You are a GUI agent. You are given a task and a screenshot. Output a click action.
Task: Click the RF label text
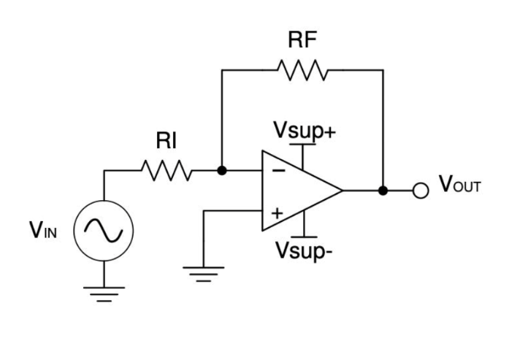302,41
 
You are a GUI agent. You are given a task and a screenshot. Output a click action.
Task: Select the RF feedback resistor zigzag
302,70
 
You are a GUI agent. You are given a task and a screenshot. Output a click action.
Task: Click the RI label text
167,142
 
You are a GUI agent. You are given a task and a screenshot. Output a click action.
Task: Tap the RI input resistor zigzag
167,172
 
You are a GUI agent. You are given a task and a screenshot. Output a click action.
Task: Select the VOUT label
460,186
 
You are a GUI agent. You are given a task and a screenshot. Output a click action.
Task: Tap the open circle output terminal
420,191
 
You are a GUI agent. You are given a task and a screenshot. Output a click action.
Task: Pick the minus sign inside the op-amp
278,171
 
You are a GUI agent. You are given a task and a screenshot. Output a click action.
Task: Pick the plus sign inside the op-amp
278,214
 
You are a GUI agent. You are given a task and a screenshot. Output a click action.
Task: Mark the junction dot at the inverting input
222,172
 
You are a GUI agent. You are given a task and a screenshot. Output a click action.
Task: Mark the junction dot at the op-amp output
383,191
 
